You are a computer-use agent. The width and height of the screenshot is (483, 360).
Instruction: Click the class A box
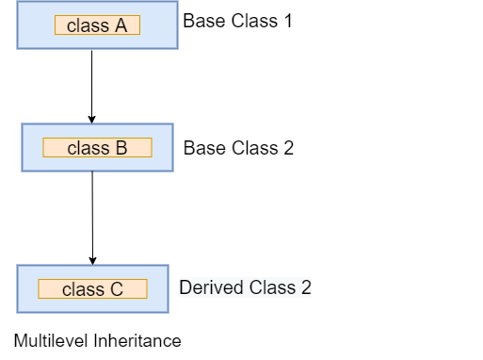(96, 25)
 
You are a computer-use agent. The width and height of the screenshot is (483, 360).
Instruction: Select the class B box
(97, 148)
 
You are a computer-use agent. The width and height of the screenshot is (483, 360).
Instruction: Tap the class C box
(92, 289)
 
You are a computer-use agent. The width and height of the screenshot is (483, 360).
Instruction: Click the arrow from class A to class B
(92, 85)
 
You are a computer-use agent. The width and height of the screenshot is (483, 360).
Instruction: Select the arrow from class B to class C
(92, 217)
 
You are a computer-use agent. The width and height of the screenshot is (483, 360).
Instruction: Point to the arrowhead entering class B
(92, 119)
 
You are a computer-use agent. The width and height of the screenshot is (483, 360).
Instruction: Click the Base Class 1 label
(236, 21)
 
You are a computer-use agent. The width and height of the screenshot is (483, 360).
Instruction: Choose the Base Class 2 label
(238, 148)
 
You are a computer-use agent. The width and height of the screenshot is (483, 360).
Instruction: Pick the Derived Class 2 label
(245, 287)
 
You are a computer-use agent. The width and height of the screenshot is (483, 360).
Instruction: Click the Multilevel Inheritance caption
(97, 340)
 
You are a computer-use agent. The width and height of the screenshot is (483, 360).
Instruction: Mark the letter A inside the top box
(121, 26)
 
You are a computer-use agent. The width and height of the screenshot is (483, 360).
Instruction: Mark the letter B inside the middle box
(121, 148)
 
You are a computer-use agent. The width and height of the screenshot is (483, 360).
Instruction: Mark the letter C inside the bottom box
(117, 289)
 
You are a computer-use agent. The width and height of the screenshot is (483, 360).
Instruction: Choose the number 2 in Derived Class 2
(305, 287)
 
